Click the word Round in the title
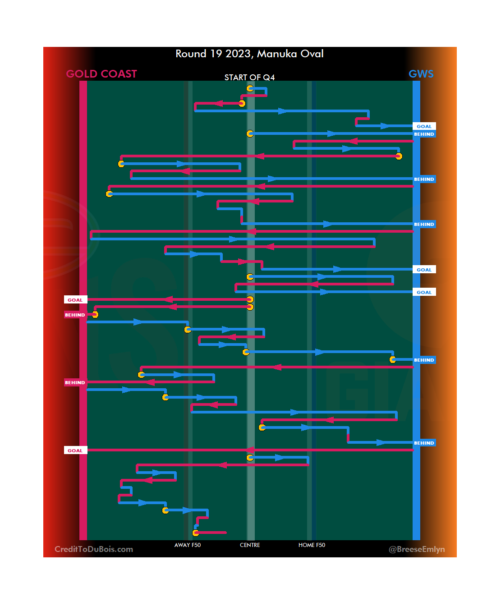pyautogui.click(x=191, y=54)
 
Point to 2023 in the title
pyautogui.click(x=238, y=54)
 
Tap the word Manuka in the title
pyautogui.click(x=277, y=54)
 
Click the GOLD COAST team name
pyautogui.click(x=101, y=74)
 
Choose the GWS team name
pyautogui.click(x=421, y=74)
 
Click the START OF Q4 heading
pyautogui.click(x=249, y=78)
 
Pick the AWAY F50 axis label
pyautogui.click(x=188, y=545)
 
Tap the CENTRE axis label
pyautogui.click(x=250, y=545)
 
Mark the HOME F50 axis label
pyautogui.click(x=312, y=545)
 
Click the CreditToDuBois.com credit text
pyautogui.click(x=94, y=549)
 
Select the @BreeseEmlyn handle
pyautogui.click(x=417, y=549)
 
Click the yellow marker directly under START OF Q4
pyautogui.click(x=250, y=88)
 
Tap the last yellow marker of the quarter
pyautogui.click(x=196, y=533)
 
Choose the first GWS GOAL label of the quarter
pyautogui.click(x=424, y=127)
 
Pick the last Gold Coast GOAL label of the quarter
pyautogui.click(x=75, y=450)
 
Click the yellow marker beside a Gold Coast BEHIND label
pyautogui.click(x=95, y=314)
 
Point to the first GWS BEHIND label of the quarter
pyautogui.click(x=424, y=134)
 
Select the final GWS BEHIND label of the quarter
pyautogui.click(x=424, y=443)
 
